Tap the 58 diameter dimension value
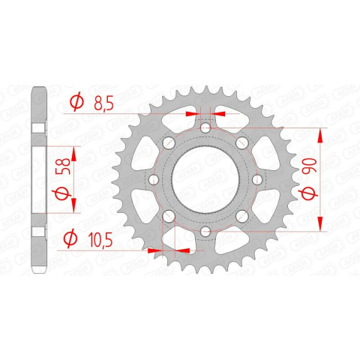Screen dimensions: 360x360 click(x=64, y=166)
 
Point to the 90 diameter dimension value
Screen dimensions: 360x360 click(x=309, y=166)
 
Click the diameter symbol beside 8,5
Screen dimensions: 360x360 click(x=76, y=102)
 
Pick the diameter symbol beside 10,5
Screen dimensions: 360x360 click(x=70, y=238)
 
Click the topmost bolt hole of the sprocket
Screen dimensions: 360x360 click(x=205, y=128)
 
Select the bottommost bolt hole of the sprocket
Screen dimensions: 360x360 click(x=205, y=231)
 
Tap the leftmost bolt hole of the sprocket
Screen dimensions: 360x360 click(x=154, y=179)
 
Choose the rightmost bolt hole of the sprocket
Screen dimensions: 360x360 click(x=257, y=179)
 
